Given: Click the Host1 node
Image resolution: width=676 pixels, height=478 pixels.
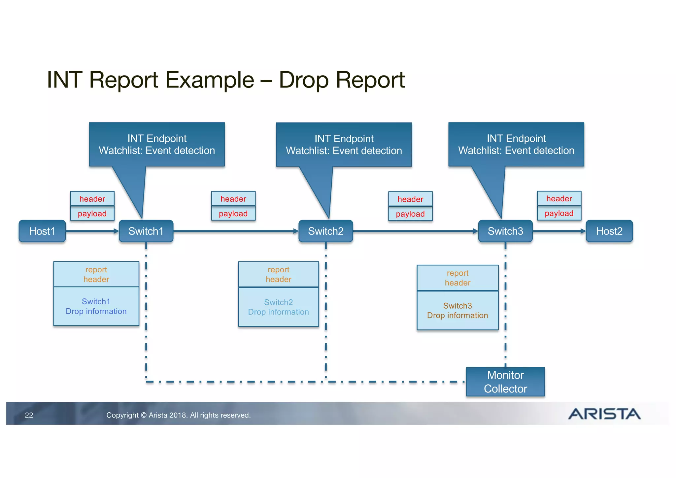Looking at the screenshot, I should [42, 231].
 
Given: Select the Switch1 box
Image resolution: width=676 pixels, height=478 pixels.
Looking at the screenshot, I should [146, 231].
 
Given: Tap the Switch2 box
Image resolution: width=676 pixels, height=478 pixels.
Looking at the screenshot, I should [326, 231].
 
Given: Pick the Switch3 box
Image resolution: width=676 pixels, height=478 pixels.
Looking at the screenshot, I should [505, 231].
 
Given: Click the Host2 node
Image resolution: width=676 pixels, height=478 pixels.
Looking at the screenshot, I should [609, 231].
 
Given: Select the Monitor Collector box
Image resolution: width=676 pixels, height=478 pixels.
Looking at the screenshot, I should [505, 382].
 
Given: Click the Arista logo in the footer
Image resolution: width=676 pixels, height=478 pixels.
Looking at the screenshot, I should [604, 414].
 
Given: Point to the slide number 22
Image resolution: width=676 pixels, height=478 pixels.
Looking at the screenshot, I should [29, 415].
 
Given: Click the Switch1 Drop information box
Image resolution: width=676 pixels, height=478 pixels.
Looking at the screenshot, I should [96, 306].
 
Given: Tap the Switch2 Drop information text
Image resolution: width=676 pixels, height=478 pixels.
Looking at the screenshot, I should [278, 307].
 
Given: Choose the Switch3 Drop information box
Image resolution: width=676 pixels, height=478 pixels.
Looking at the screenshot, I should [457, 310].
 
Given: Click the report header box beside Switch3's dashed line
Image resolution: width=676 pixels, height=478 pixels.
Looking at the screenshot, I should [457, 278].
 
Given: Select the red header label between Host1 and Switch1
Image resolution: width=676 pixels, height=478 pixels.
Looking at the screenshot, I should [92, 199].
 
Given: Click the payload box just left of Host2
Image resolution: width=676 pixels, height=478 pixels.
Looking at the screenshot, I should [559, 213].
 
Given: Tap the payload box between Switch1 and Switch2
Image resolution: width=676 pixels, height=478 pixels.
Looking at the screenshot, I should [233, 214].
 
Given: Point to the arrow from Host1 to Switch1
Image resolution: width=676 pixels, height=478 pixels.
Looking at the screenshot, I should [92, 231].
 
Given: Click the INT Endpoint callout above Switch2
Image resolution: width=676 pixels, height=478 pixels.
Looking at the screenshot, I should [344, 145].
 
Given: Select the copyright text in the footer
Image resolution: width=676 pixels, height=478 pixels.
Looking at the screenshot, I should [178, 415].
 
